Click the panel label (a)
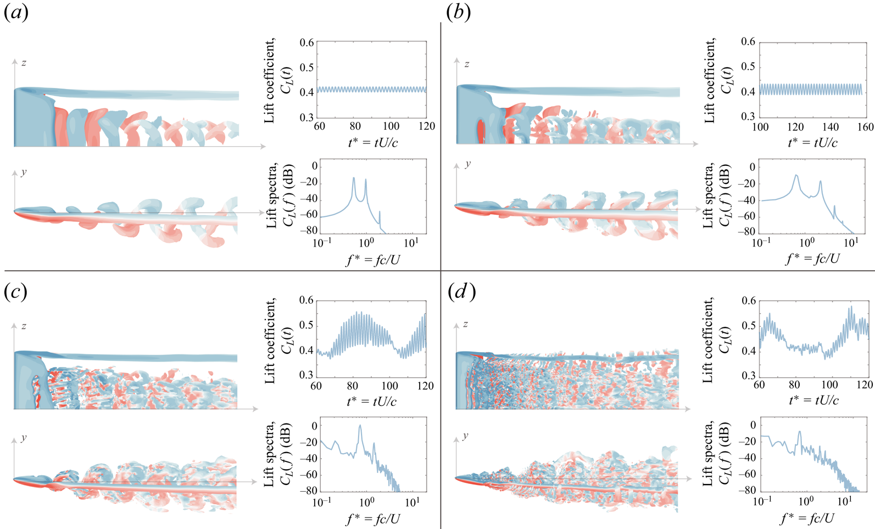point(16,13)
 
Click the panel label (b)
point(459,13)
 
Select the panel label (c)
point(16,292)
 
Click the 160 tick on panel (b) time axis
point(865,127)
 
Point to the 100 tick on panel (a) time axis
point(391,127)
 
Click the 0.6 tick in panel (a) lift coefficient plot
point(307,43)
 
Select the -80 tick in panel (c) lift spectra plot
point(309,491)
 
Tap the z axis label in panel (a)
point(24,63)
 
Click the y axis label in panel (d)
point(466,436)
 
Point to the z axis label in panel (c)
point(24,326)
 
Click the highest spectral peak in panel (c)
point(360,425)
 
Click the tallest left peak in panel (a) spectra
point(354,177)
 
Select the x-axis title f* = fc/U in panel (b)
point(812,258)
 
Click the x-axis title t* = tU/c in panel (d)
point(812,400)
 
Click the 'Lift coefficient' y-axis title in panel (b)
point(717,80)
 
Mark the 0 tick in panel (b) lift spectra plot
point(752,168)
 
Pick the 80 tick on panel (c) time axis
point(352,386)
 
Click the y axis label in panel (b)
point(467,164)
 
